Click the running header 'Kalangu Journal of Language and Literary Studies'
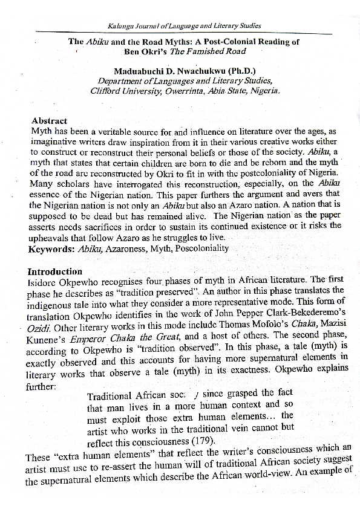pos(184,26)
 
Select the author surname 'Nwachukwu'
pos(199,72)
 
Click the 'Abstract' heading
pos(49,121)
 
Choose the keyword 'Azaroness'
pos(127,248)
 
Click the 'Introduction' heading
pos(55,271)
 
